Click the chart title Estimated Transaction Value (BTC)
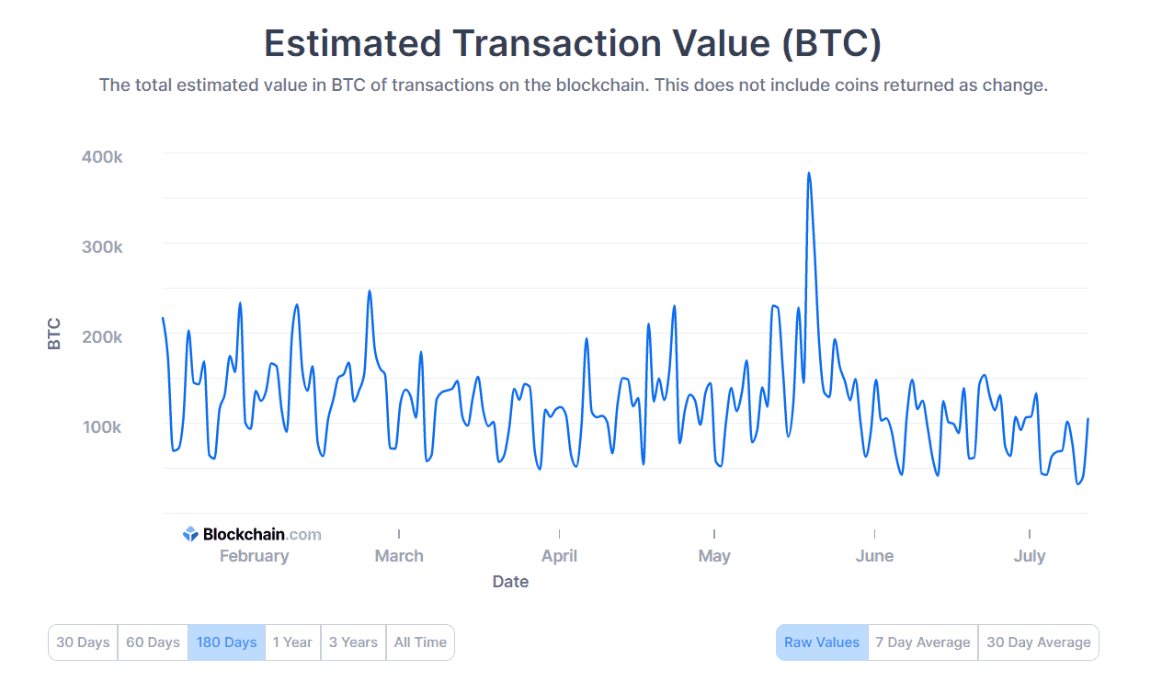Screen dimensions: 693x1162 click(x=573, y=43)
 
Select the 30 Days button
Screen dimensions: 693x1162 click(x=83, y=642)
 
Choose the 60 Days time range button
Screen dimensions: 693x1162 click(x=153, y=642)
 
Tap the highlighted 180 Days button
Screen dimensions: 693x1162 click(x=226, y=642)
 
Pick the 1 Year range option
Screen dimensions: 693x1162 click(x=292, y=642)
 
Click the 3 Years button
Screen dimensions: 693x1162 click(x=353, y=642)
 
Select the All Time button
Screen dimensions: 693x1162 click(x=420, y=642)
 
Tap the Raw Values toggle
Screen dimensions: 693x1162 click(x=822, y=642)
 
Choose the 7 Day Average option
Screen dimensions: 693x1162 click(x=922, y=642)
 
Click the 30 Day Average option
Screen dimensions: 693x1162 click(x=1038, y=642)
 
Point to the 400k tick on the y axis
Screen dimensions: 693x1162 click(x=102, y=157)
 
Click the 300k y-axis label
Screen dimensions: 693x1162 click(x=102, y=247)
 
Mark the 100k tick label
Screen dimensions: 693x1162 click(x=102, y=427)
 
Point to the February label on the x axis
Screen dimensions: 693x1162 click(x=254, y=556)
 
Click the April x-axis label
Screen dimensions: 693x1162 click(x=559, y=556)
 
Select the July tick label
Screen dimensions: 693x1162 click(x=1029, y=556)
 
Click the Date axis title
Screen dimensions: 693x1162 click(x=510, y=582)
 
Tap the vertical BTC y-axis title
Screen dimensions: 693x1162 click(x=54, y=333)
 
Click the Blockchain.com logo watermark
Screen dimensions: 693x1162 click(x=252, y=534)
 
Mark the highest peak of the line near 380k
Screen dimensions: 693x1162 click(x=808, y=173)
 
